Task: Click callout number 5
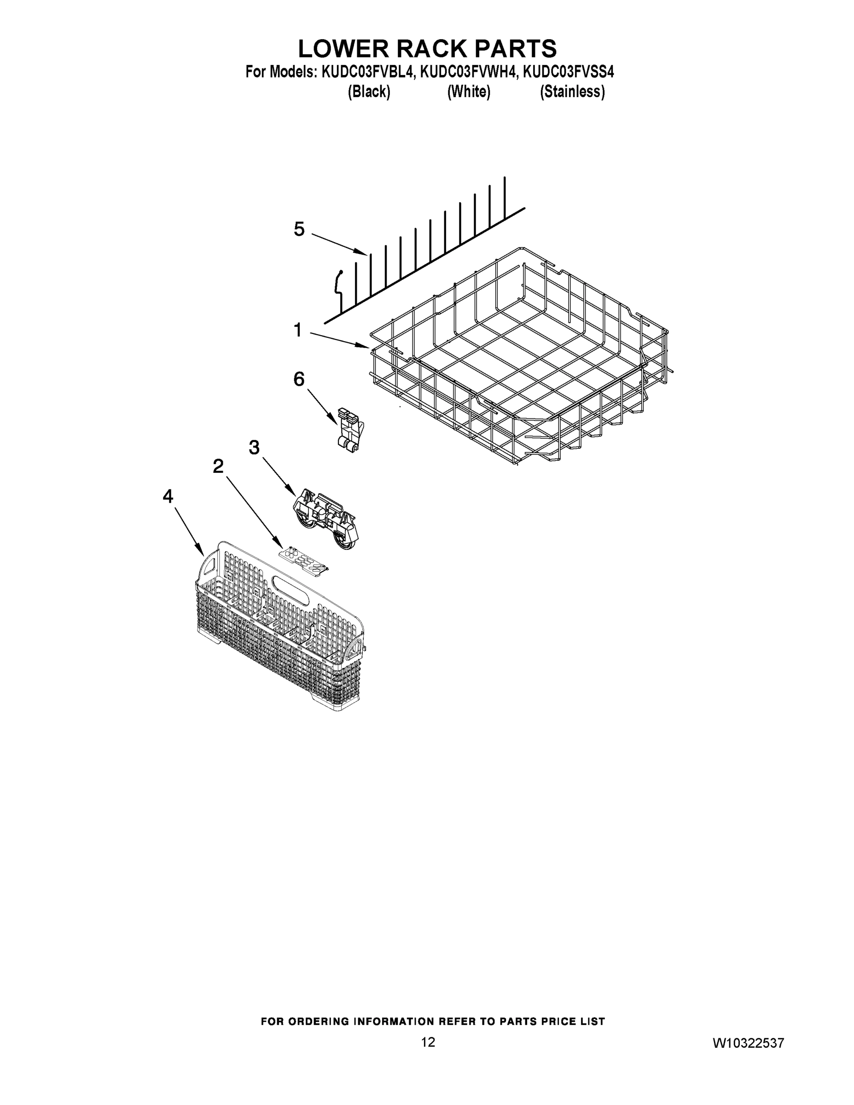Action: click(x=300, y=230)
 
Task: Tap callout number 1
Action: click(x=298, y=331)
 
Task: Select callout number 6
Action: click(x=299, y=379)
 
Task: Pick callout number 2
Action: click(x=218, y=466)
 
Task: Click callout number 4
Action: click(x=168, y=496)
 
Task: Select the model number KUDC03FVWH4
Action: click(x=469, y=72)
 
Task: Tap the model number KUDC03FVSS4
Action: click(x=568, y=72)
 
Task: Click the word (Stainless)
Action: click(x=572, y=92)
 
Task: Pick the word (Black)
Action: click(x=369, y=92)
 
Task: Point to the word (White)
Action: click(x=469, y=92)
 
